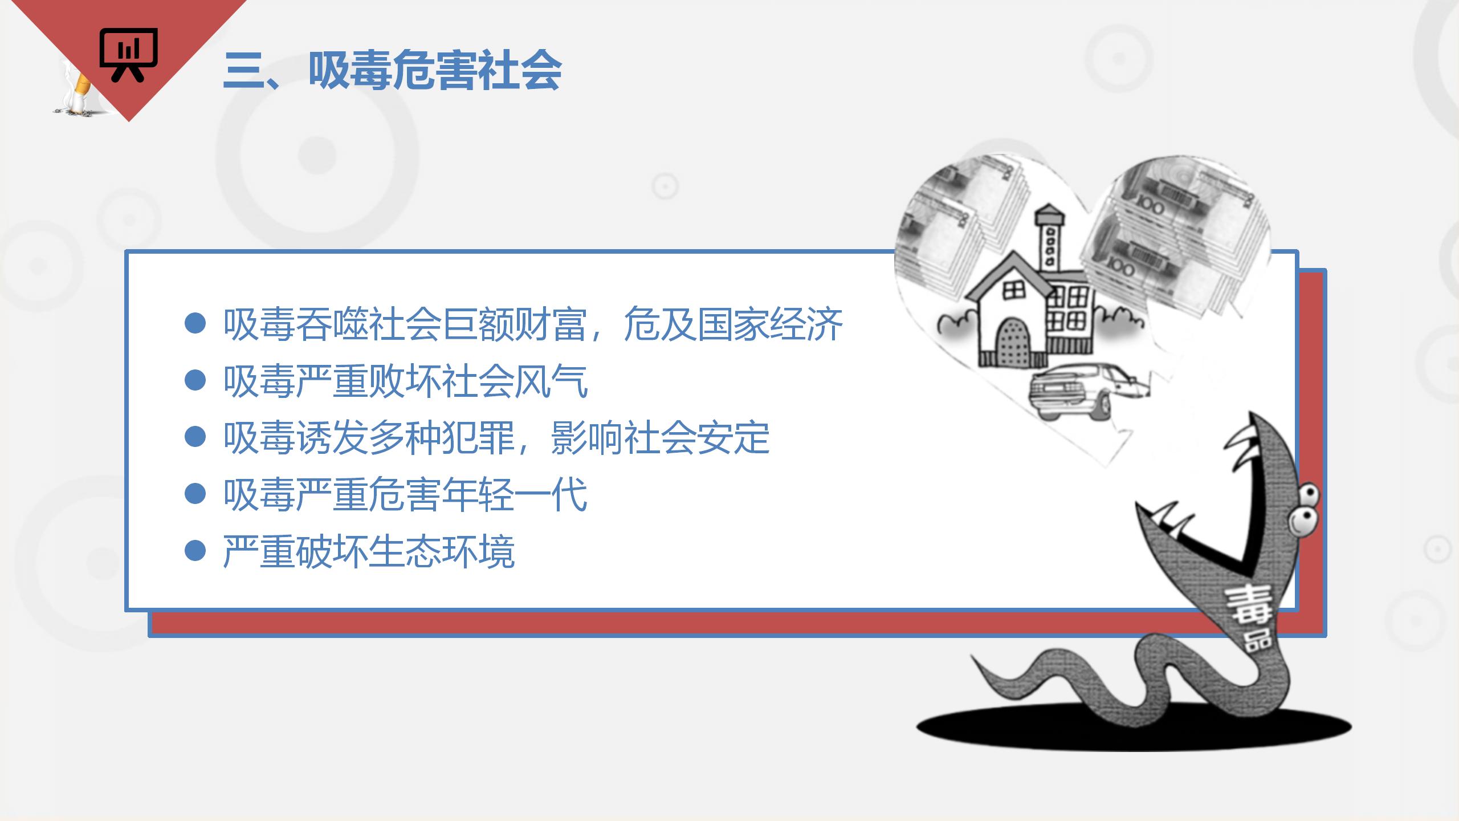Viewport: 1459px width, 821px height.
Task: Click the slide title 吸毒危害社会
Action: [435, 71]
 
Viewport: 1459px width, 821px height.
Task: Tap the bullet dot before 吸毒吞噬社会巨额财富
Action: [195, 323]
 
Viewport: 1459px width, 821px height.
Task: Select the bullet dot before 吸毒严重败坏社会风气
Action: [195, 380]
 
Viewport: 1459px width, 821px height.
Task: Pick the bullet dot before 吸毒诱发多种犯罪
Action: [195, 437]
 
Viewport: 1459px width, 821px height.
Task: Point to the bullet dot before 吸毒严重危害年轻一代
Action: [195, 494]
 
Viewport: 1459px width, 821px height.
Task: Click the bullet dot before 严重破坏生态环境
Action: [195, 551]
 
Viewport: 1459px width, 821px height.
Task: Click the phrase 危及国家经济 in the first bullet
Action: [733, 324]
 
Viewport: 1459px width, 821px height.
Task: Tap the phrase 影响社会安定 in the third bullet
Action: [661, 438]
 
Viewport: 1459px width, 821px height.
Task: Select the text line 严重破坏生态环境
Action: [369, 551]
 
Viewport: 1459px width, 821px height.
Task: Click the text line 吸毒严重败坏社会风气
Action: [406, 381]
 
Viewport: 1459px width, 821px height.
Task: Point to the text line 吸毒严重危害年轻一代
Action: [406, 494]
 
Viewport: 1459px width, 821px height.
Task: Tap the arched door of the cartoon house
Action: [1013, 342]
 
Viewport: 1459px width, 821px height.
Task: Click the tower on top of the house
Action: [1050, 238]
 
